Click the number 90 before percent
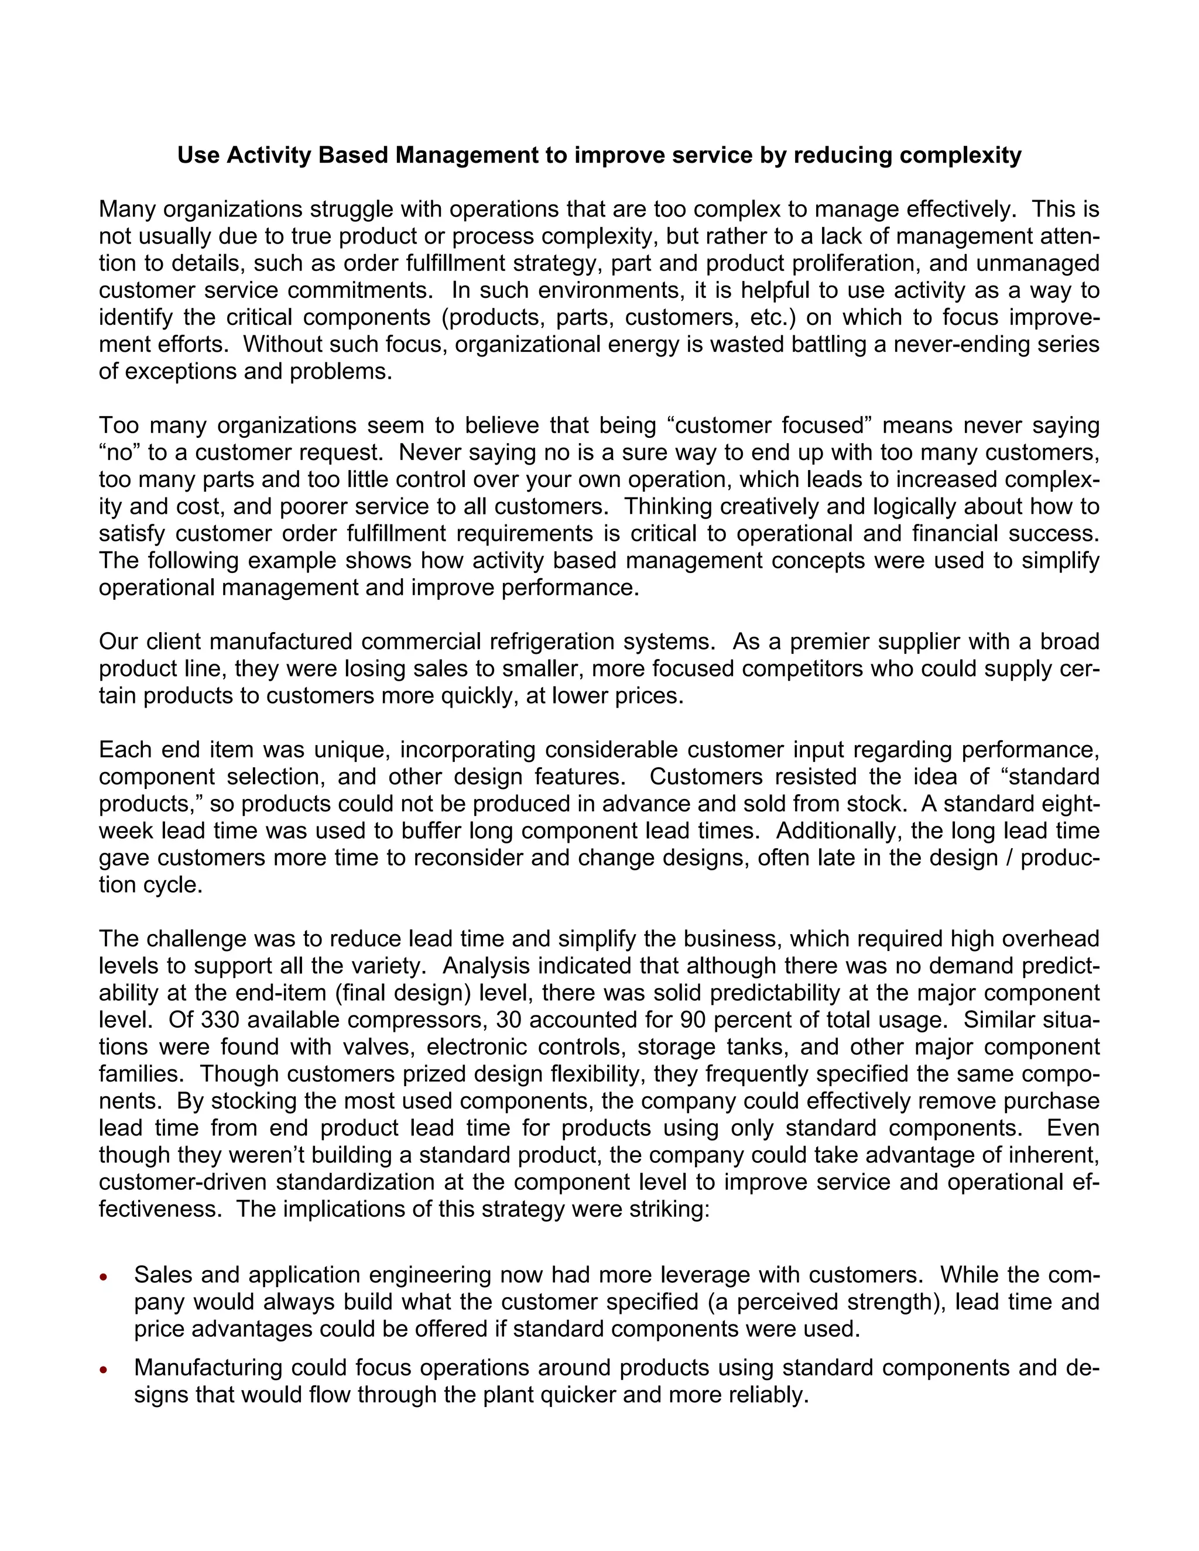point(694,1020)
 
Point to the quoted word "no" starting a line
point(119,452)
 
